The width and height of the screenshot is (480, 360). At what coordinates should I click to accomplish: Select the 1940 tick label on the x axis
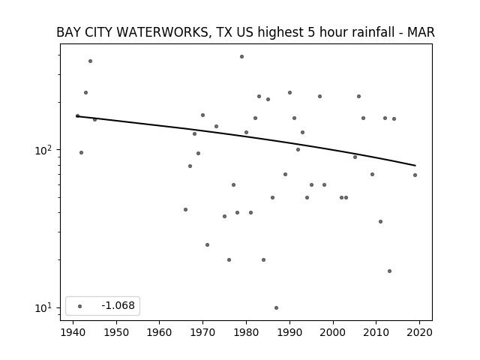[x=73, y=333]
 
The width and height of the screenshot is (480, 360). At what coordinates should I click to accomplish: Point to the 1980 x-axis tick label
[x=246, y=333]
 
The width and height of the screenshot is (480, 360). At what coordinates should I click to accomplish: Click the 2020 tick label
[x=419, y=333]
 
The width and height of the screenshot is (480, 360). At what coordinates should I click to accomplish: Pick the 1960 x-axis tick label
[x=160, y=333]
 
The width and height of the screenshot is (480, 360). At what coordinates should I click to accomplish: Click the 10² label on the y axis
[x=44, y=150]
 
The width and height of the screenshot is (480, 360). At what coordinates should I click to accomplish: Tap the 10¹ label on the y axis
[x=44, y=308]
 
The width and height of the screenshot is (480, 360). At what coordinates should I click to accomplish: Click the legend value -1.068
[x=118, y=305]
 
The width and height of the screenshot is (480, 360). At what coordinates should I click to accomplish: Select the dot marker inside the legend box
[x=80, y=306]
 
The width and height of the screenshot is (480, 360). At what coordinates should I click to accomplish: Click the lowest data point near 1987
[x=277, y=308]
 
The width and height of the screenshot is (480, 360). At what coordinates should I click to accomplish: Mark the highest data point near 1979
[x=241, y=57]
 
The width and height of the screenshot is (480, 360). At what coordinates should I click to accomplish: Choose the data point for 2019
[x=415, y=175]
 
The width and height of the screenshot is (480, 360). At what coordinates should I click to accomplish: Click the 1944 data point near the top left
[x=90, y=61]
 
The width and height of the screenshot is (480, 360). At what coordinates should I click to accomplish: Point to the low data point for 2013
[x=390, y=271]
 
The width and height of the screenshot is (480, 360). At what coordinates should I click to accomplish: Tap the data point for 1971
[x=207, y=245]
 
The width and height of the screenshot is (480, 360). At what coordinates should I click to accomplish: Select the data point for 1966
[x=185, y=210]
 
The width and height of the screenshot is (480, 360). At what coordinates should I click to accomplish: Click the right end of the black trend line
[x=415, y=166]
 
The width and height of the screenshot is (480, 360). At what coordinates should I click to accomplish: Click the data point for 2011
[x=380, y=222]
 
